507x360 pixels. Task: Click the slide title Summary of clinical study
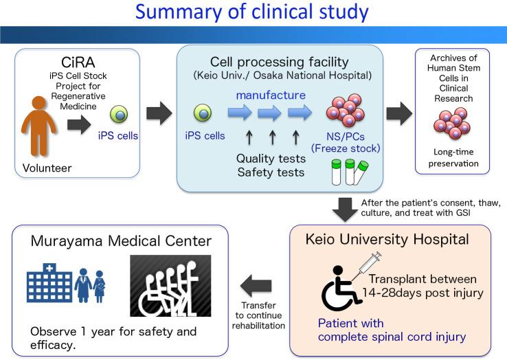(253, 14)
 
